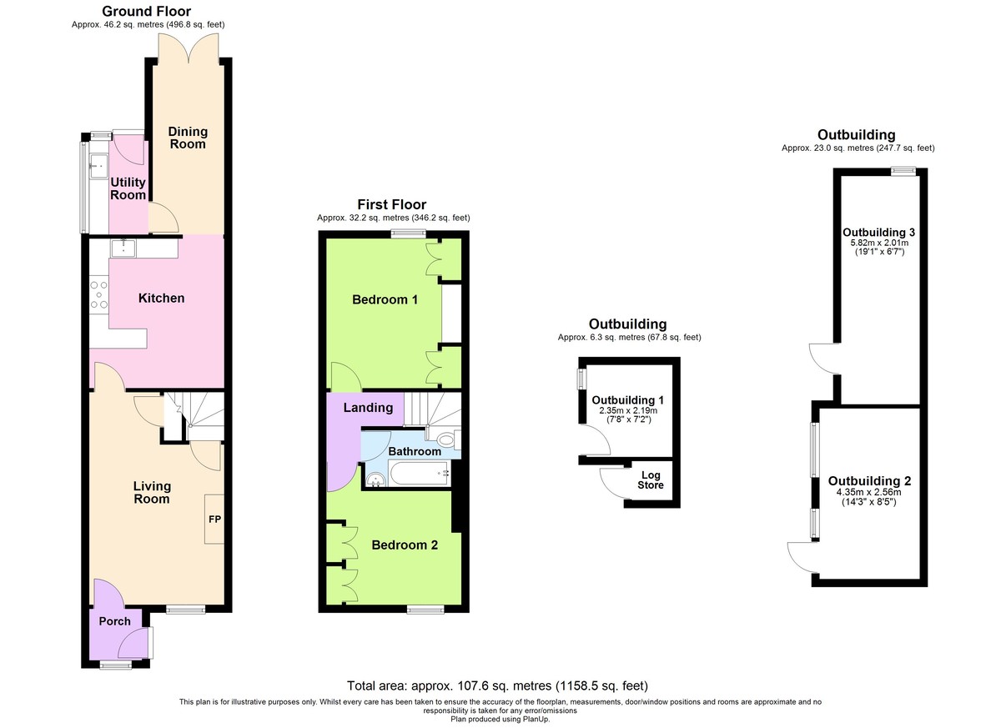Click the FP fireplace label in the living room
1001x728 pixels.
point(214,519)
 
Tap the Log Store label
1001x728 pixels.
point(650,480)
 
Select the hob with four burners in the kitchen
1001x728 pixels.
point(98,294)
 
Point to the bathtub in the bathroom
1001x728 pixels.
point(418,474)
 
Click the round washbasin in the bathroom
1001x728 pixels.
point(376,480)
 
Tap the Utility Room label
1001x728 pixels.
point(128,188)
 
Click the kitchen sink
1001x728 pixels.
point(123,248)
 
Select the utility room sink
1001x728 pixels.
point(98,166)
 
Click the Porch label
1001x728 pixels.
point(115,621)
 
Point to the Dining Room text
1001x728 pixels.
point(188,138)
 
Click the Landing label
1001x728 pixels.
point(368,407)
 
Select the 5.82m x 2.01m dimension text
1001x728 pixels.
point(879,243)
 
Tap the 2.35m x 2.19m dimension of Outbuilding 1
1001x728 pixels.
point(628,410)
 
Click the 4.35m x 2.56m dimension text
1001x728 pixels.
point(868,493)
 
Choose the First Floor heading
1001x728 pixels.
point(391,204)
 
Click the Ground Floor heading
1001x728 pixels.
point(147,11)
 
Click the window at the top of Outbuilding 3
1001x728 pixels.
point(903,171)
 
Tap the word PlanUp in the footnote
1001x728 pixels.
point(534,719)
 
